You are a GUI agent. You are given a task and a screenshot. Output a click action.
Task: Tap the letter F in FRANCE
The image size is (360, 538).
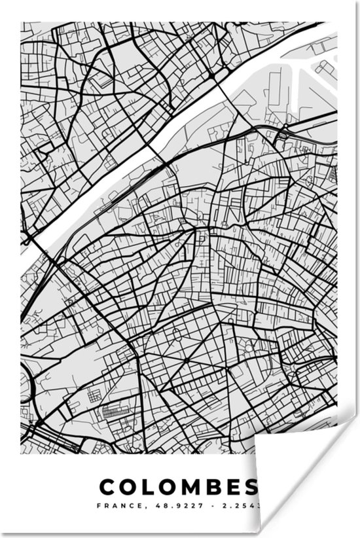[x=99, y=505]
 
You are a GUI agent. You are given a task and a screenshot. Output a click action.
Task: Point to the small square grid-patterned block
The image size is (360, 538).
[x=96, y=395]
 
